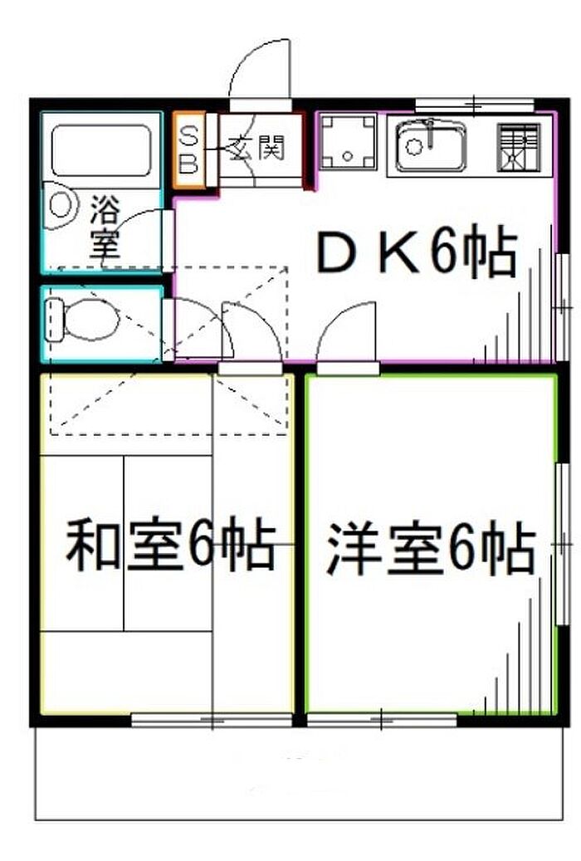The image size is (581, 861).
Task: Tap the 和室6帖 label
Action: [x=170, y=545]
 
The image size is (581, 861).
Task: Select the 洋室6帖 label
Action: [x=430, y=549]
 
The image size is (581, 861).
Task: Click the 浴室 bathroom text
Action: [x=105, y=226]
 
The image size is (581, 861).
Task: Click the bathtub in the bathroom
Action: [x=101, y=149]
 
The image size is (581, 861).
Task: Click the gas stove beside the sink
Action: [x=518, y=147]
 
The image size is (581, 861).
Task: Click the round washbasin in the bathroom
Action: [x=61, y=206]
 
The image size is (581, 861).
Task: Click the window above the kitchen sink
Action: [x=473, y=105]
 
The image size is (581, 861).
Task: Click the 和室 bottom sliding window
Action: [x=212, y=720]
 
